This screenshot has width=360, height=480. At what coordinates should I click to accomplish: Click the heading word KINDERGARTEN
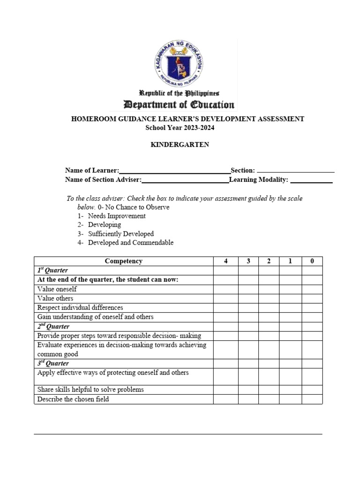coord(180,145)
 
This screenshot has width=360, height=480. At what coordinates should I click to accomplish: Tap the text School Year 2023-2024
coord(180,128)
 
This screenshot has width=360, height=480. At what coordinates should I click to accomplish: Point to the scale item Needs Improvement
coord(117,216)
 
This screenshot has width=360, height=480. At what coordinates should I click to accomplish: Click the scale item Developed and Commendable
coord(130,243)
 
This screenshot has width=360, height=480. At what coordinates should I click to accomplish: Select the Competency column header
coord(124,262)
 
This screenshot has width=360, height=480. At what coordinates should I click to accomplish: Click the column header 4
coord(225,262)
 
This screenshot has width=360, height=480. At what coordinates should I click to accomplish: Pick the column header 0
coord(312,262)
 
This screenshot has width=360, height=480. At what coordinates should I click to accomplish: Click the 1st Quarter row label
coord(52,270)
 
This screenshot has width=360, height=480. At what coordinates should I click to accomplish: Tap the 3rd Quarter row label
coord(53,363)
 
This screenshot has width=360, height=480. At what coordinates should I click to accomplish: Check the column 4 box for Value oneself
coord(225,289)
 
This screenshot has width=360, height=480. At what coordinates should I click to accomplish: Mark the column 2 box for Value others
coord(269,299)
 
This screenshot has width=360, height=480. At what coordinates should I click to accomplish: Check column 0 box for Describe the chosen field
coord(312,399)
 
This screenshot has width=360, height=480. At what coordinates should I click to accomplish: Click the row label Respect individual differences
coord(80,308)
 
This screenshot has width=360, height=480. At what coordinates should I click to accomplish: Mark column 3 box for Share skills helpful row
coord(248,390)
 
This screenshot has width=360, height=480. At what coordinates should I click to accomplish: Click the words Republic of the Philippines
coord(179,93)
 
